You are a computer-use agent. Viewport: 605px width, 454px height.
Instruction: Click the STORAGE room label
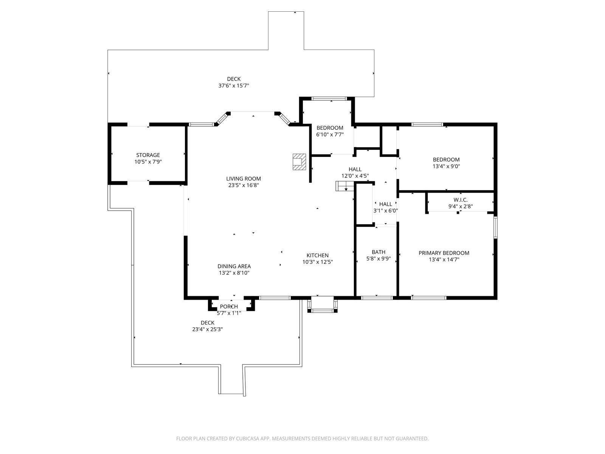148,155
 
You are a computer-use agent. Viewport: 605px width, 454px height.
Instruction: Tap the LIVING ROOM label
244,179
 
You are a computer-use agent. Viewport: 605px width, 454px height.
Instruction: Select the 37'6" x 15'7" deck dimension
234,86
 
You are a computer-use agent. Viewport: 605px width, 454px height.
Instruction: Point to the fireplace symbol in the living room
299,162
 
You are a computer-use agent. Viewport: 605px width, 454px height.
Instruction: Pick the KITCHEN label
318,255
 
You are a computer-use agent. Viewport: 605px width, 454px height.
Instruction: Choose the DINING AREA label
234,266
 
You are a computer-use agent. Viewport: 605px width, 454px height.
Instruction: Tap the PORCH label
229,307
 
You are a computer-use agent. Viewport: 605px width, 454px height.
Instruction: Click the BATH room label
379,252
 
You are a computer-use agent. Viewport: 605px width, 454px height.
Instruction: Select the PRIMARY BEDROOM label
444,253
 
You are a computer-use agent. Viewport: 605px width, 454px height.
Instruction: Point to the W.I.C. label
460,200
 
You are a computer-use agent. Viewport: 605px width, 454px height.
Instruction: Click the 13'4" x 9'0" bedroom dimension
446,166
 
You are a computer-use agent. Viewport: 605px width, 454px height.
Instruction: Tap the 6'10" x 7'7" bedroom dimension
330,135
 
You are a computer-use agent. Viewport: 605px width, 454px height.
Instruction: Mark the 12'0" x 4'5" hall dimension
355,176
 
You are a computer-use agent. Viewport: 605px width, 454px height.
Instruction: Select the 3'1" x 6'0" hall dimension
386,211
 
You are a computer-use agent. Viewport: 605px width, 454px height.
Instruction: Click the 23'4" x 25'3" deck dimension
208,330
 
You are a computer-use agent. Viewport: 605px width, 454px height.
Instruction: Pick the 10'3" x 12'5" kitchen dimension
318,262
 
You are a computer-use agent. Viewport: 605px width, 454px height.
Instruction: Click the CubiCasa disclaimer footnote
302,438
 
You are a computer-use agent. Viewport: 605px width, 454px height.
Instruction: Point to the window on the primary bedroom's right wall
495,227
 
